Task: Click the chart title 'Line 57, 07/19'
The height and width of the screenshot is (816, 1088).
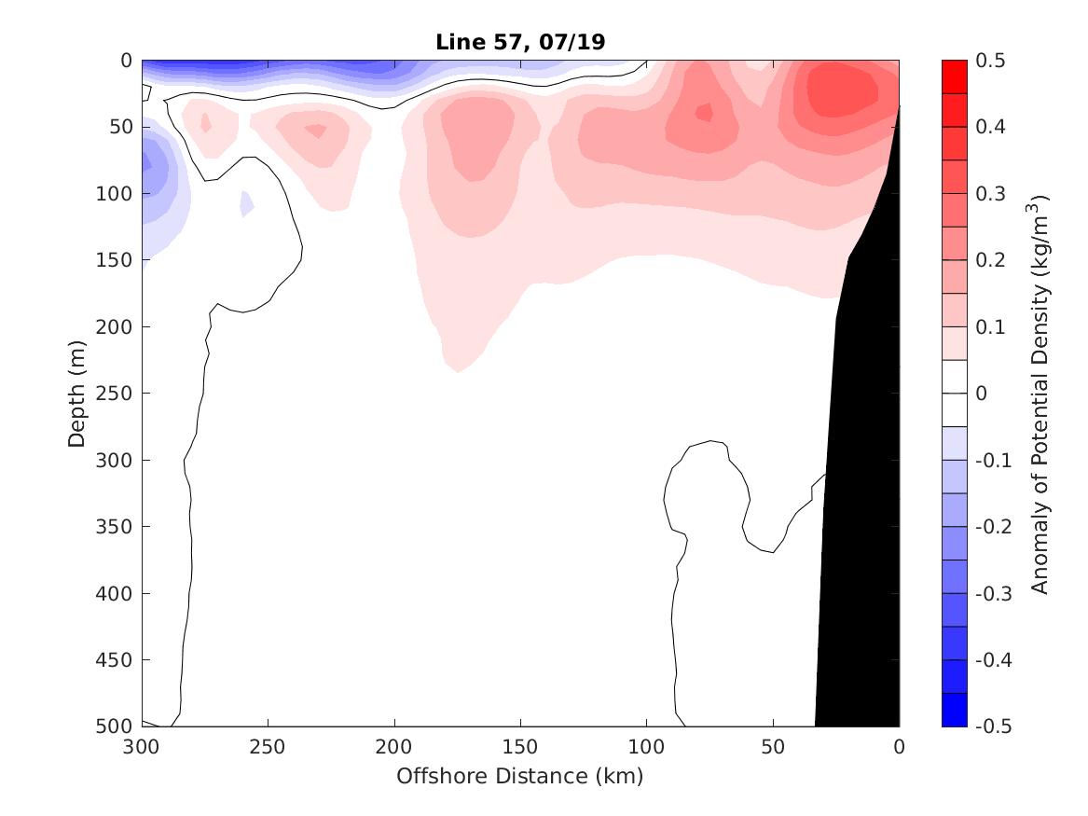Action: click(520, 42)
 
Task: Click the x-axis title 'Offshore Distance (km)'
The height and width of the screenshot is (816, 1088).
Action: click(520, 776)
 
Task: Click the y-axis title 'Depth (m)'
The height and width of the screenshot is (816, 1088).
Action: click(77, 393)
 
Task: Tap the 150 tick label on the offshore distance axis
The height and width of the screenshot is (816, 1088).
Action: click(520, 746)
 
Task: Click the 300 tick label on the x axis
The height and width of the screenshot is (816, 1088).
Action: click(142, 746)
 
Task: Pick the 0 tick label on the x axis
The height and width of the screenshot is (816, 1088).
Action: click(899, 746)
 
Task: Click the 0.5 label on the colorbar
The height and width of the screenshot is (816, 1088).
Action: click(991, 61)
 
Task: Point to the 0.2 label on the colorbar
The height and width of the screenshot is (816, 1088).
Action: click(991, 260)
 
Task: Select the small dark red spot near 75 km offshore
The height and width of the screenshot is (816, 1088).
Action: click(704, 112)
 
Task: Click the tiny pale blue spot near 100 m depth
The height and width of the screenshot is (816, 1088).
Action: click(246, 202)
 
